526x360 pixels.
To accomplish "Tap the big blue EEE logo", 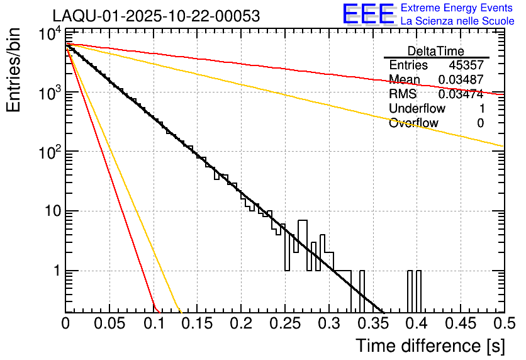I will point(368,14).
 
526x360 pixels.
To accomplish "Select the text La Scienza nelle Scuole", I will point(457,21).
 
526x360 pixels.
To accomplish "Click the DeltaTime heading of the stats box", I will point(436,51).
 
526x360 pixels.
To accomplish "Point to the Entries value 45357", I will point(466,65).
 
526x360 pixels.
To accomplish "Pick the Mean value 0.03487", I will point(461,79).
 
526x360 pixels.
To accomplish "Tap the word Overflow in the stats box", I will point(413,123).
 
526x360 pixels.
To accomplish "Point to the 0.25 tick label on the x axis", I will point(284,323).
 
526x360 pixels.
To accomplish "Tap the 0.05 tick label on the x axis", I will point(109,323).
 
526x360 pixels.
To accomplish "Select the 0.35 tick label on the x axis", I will point(372,323).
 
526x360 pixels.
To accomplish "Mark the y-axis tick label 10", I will point(50,211).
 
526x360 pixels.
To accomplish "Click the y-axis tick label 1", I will point(55,271).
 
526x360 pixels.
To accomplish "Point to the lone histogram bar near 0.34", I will point(362,291).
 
